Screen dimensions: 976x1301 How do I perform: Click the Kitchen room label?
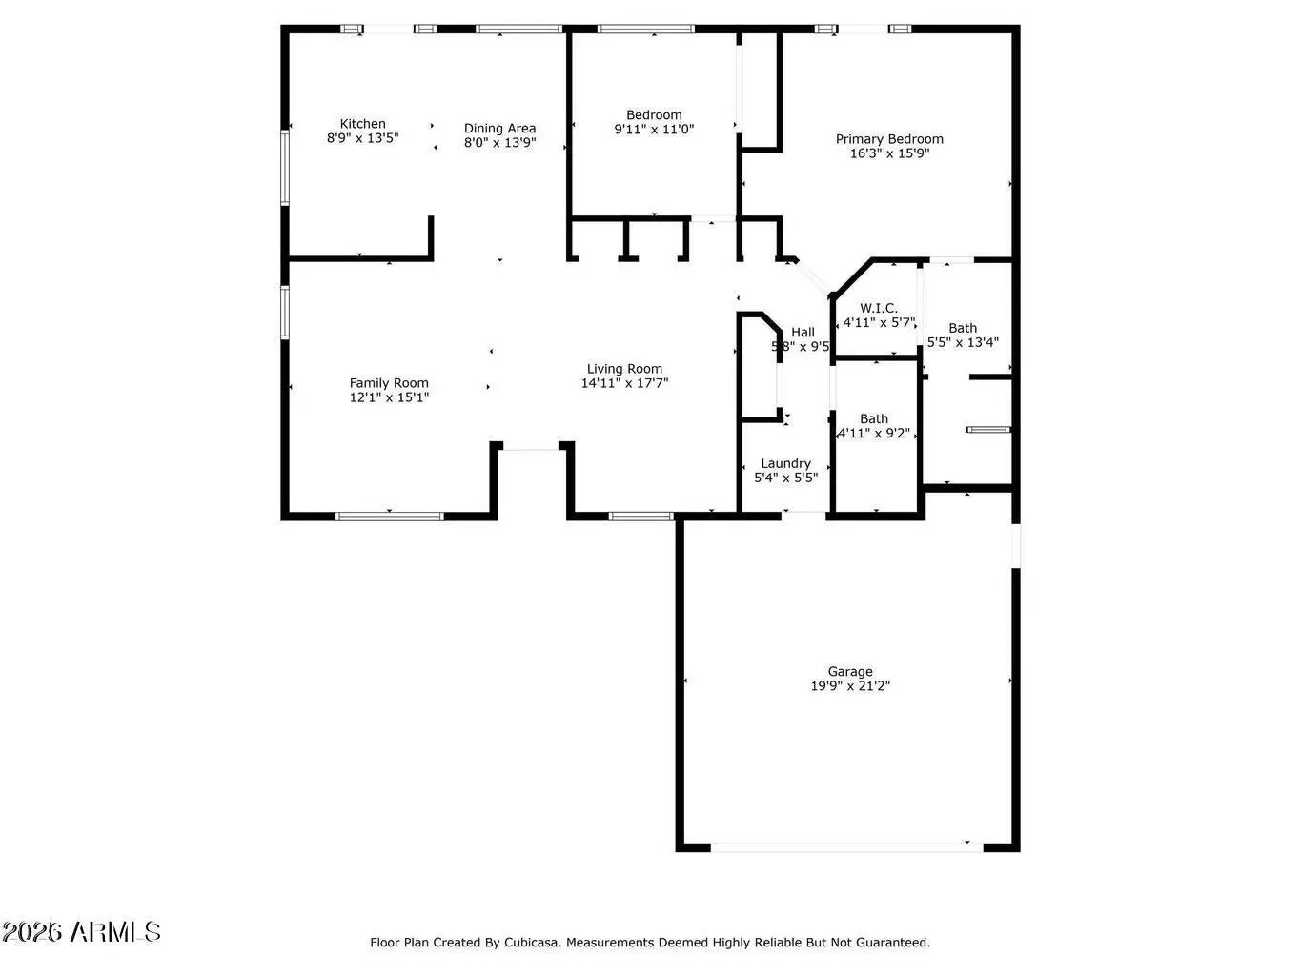[362, 124]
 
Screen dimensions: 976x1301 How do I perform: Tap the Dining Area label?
[499, 129]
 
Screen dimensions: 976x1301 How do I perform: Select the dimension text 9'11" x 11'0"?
[654, 129]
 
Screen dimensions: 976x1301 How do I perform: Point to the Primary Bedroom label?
[889, 139]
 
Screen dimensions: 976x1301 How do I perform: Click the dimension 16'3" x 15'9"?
[889, 152]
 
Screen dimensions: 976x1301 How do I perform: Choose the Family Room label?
[389, 383]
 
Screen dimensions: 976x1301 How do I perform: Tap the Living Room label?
[624, 369]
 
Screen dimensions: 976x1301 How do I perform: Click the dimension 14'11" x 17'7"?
[624, 383]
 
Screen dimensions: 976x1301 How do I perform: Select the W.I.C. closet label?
[878, 308]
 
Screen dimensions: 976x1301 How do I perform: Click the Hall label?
[803, 333]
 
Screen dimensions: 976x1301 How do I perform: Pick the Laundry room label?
[785, 464]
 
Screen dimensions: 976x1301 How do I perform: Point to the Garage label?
[849, 672]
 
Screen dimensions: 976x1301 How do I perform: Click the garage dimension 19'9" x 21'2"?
[849, 685]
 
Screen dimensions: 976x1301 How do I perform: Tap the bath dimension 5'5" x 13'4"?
[963, 342]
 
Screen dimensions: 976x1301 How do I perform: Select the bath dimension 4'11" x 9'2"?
[874, 433]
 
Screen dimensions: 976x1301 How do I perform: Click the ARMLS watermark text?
[81, 931]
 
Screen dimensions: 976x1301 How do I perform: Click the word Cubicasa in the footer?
[531, 943]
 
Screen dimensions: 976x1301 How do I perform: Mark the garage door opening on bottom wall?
[846, 845]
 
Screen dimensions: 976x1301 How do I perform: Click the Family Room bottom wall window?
[390, 517]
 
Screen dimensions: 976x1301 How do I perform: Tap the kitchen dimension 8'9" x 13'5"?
[362, 137]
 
